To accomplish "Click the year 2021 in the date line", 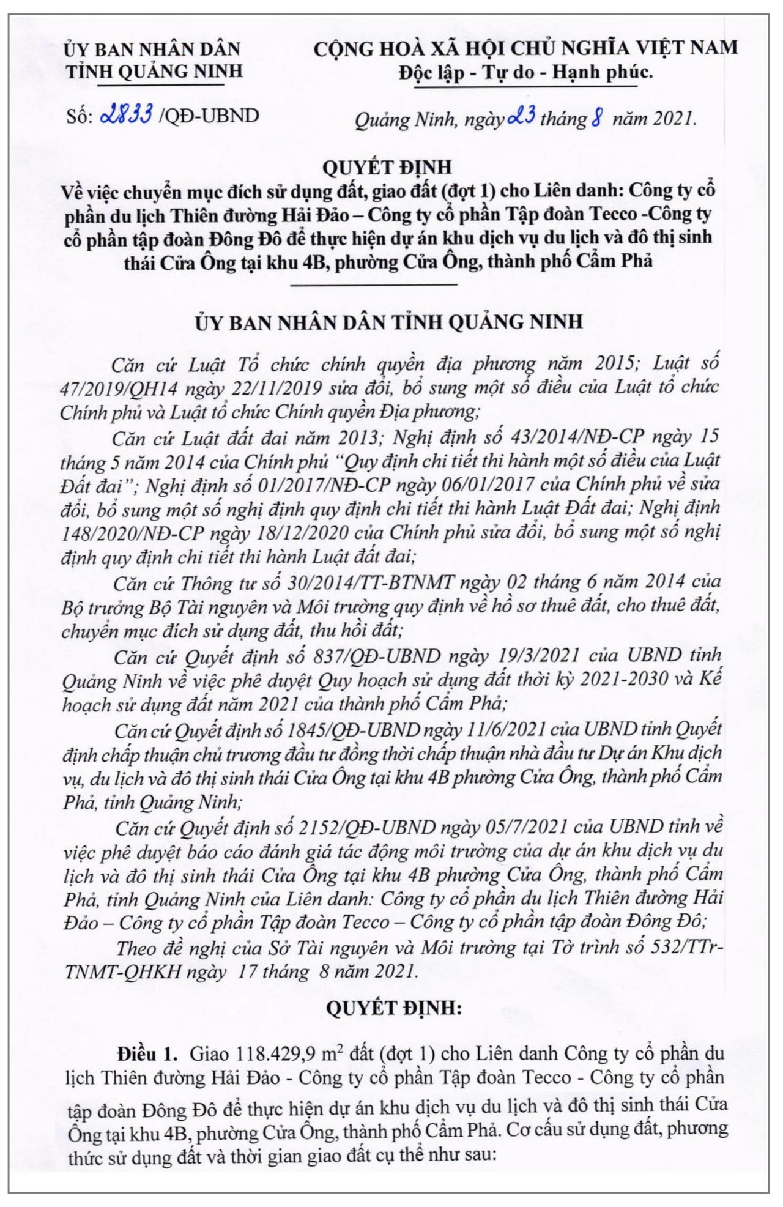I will tap(675, 118).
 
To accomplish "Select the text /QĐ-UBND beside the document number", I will tap(209, 115).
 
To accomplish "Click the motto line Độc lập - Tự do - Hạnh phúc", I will tap(525, 73).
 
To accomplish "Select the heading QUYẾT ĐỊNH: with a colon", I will tap(394, 1008).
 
